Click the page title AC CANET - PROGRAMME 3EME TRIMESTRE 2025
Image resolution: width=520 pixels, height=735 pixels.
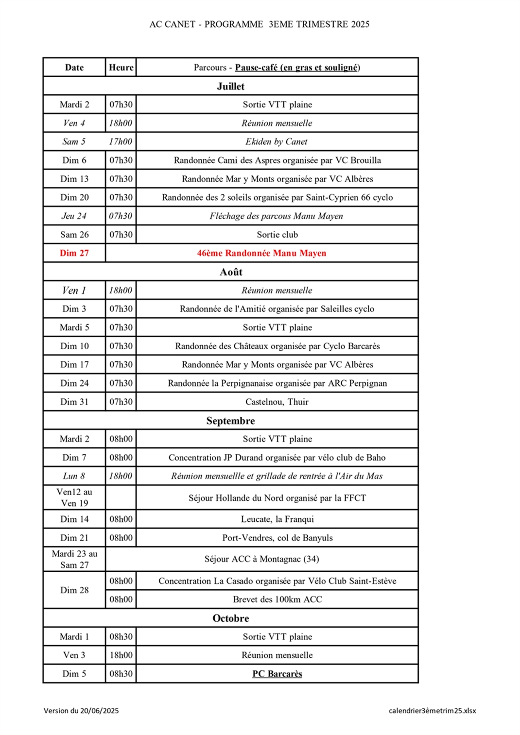(259, 24)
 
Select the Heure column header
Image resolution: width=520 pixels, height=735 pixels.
(121, 68)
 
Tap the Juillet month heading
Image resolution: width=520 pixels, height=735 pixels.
(230, 86)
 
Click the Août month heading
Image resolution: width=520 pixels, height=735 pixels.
(230, 272)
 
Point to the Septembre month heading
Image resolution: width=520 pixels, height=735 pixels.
(230, 421)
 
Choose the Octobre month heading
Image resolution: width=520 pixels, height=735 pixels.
(230, 618)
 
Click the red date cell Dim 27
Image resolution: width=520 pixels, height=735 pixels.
(74, 253)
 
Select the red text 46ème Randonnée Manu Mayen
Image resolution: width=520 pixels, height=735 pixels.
(261, 253)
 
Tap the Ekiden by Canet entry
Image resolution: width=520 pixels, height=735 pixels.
(277, 142)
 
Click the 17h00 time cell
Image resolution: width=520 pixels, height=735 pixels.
(121, 142)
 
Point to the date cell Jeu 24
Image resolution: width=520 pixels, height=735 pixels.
(74, 216)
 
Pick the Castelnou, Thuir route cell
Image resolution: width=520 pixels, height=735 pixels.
(277, 402)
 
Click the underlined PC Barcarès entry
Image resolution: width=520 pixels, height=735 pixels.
(277, 674)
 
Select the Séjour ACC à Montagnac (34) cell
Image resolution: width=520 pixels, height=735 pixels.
(261, 559)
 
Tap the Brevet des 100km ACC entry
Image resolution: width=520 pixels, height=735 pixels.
(277, 599)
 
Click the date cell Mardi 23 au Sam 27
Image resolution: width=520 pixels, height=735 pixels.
(74, 559)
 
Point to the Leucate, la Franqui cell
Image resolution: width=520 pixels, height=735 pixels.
(277, 519)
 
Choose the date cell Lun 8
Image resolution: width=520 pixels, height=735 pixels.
(74, 476)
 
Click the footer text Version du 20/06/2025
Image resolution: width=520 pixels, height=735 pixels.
(81, 711)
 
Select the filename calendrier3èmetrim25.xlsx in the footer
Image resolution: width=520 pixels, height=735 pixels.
(432, 711)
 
